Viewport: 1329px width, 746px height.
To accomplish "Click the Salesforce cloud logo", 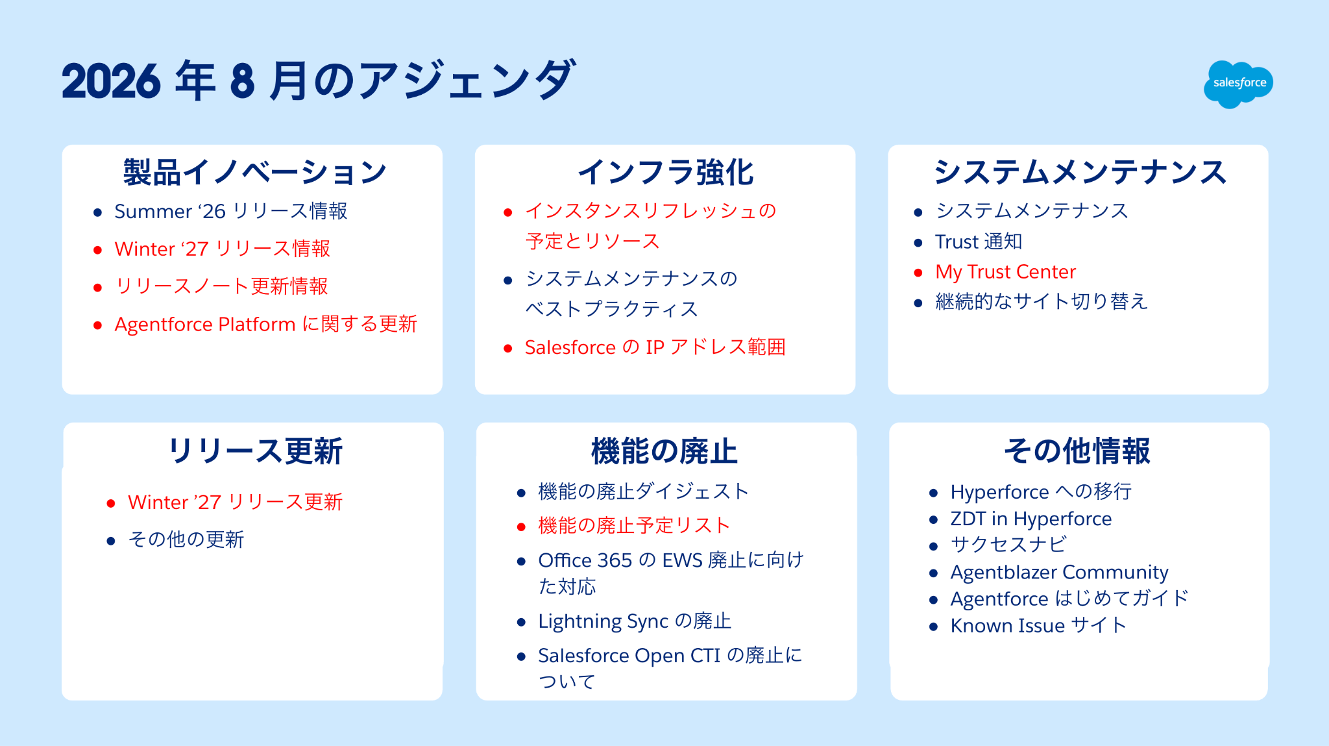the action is (x=1238, y=84).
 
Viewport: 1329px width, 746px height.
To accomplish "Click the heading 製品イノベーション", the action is (x=255, y=173).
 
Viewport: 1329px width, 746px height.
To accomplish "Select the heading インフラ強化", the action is (x=666, y=173).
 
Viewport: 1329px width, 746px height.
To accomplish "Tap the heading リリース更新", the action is (x=255, y=451).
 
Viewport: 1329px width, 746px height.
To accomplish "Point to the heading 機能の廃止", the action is (x=664, y=451).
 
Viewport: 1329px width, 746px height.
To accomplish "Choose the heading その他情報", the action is (x=1077, y=451).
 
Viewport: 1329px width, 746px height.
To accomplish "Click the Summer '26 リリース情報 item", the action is (x=231, y=211).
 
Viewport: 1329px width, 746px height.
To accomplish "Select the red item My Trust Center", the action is (x=1005, y=272).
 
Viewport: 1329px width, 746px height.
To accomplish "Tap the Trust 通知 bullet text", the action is (x=979, y=242).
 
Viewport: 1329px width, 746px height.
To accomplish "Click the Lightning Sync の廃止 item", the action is (x=635, y=621).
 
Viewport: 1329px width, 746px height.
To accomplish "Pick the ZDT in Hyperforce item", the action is (x=1031, y=519).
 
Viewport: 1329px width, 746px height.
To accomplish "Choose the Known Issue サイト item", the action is (x=1038, y=625).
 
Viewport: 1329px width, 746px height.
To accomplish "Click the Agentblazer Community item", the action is (x=1060, y=572).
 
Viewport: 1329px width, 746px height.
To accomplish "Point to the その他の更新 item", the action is (x=186, y=540).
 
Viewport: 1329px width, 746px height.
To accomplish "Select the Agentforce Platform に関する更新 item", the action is (x=266, y=324).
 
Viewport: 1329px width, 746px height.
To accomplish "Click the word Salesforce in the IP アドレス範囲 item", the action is (x=570, y=347).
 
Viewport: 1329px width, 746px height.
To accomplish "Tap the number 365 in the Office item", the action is (x=614, y=560).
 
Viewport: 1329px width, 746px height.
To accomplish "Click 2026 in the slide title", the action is (x=111, y=82).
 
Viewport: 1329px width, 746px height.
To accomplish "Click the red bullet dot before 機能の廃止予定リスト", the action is (x=521, y=527).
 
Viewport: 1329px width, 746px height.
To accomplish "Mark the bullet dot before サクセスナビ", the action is (x=933, y=547).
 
